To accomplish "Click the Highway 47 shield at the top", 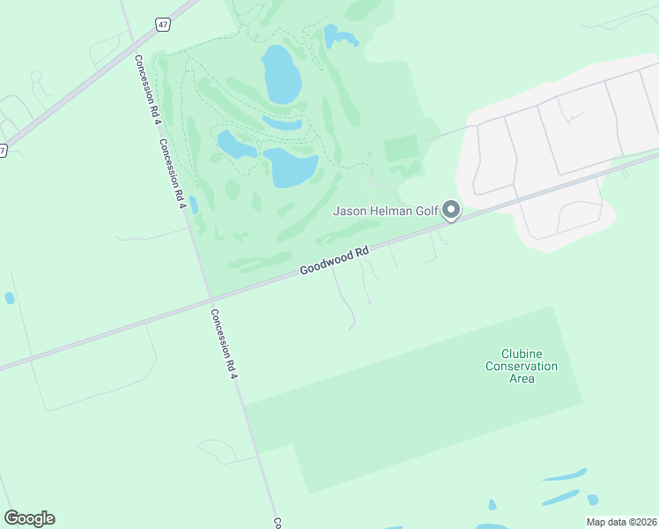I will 163,25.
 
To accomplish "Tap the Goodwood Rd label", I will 333,260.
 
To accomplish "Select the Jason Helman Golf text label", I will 386,211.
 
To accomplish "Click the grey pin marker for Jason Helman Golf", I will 451,210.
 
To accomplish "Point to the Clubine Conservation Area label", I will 522,366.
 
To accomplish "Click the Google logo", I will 29,518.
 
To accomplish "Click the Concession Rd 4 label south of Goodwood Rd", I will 224,344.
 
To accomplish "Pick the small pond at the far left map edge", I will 10,298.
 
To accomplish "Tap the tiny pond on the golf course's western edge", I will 193,205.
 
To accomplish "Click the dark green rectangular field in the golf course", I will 402,148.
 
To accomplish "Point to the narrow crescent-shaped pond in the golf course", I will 282,123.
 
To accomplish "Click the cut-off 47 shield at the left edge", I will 3,151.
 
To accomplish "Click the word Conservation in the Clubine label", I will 522,366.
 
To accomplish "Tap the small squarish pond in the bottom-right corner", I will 593,500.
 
